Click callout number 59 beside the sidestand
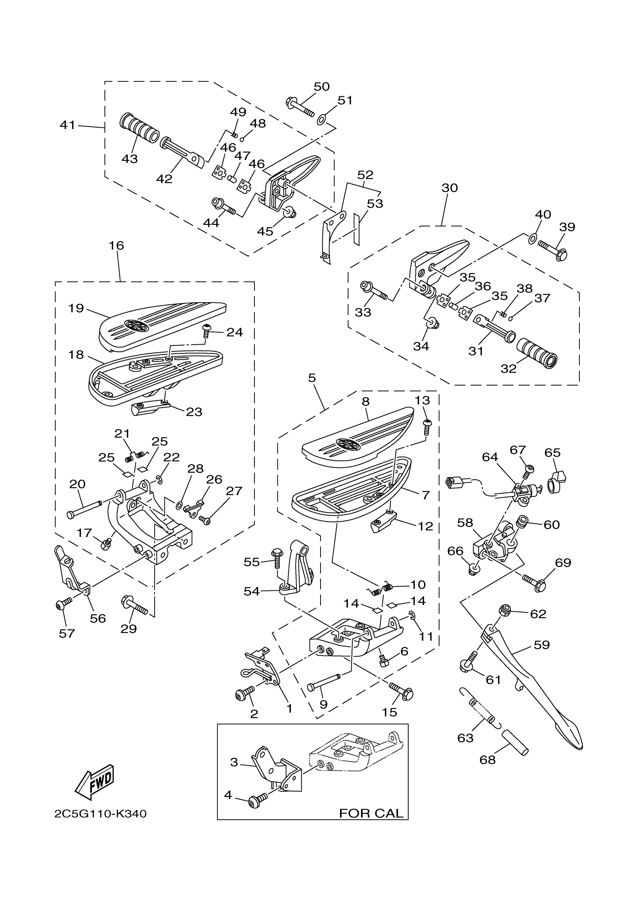541,645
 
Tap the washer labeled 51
321,119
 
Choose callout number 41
67,125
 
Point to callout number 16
116,246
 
